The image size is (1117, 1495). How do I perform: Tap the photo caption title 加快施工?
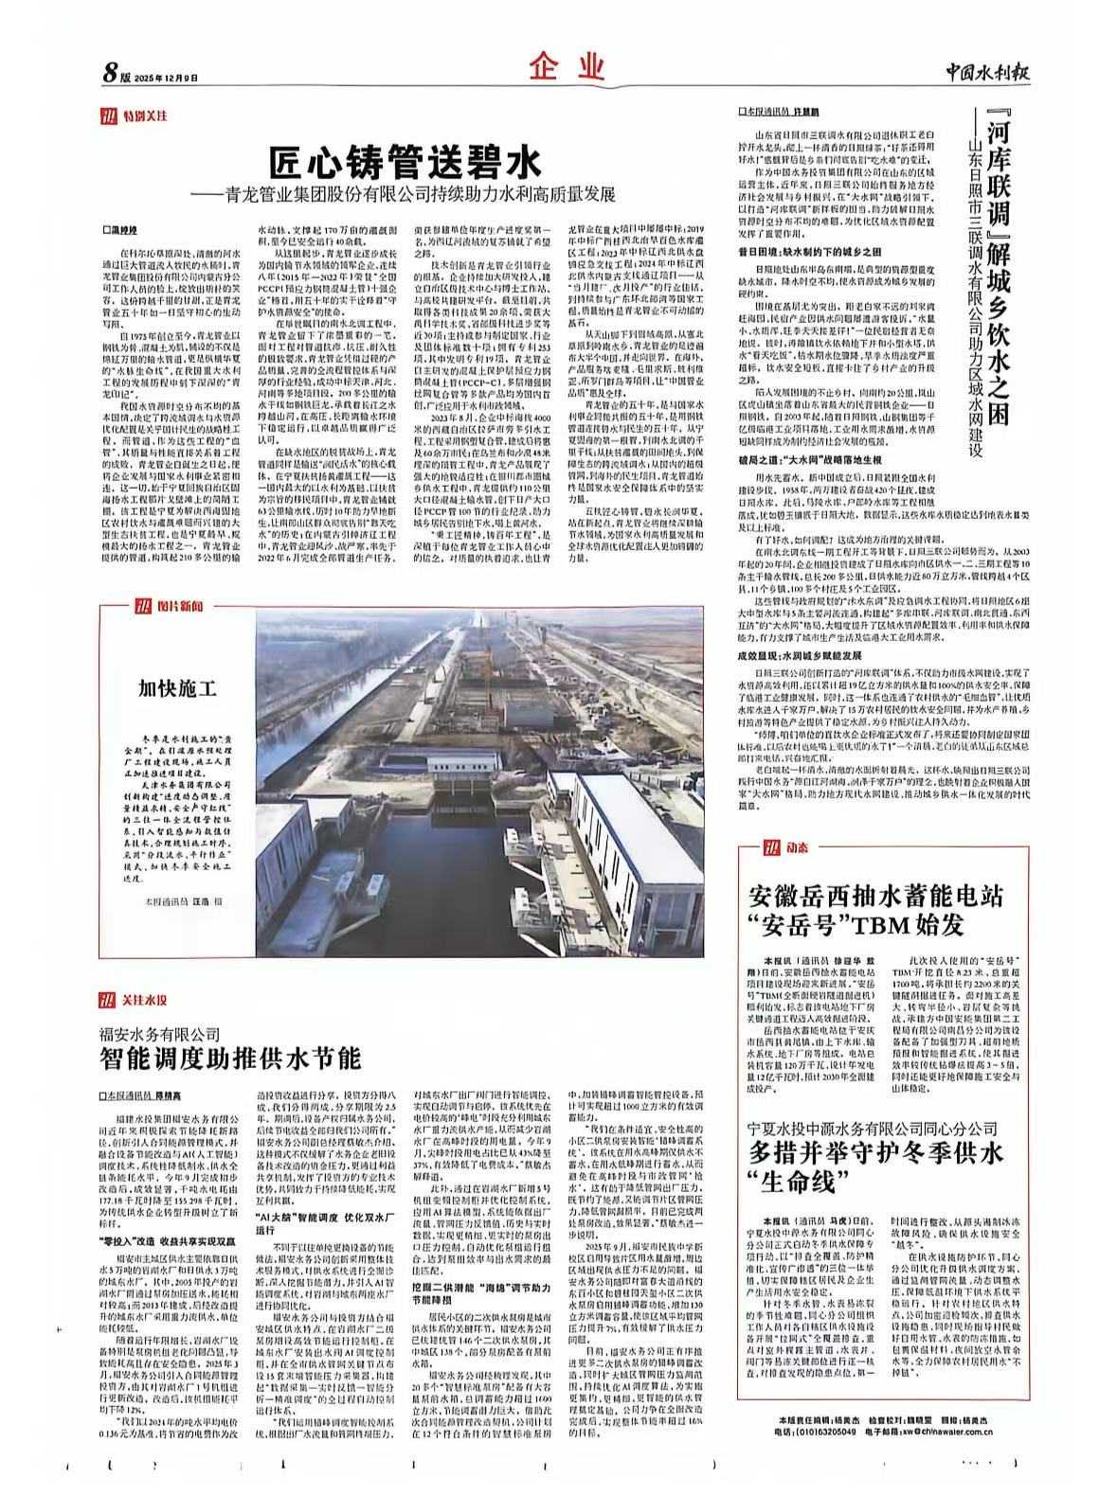pyautogui.click(x=178, y=687)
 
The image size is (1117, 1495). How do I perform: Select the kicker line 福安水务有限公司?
pyautogui.click(x=161, y=1033)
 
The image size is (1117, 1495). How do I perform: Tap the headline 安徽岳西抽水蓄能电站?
pyautogui.click(x=875, y=895)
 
